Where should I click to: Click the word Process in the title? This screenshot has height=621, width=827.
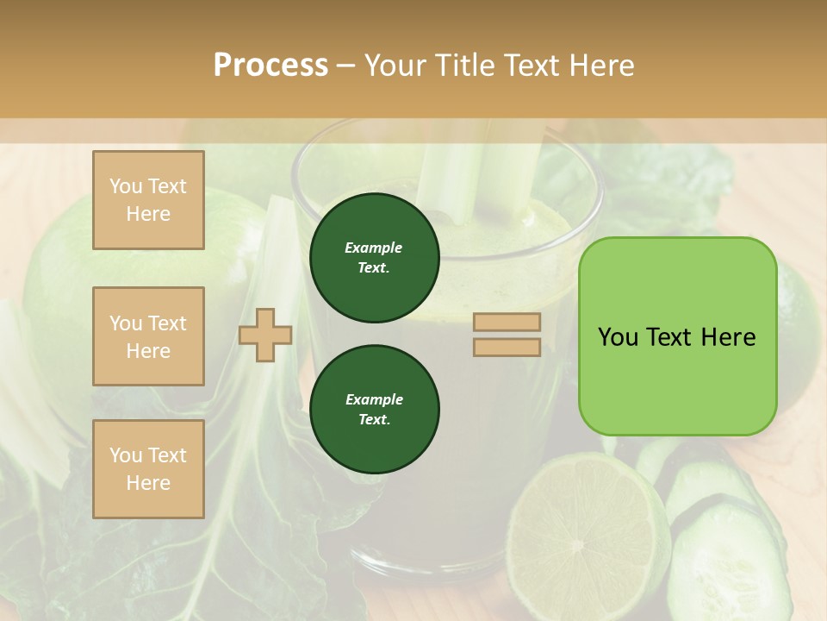270,66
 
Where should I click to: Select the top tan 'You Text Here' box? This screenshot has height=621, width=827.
148,200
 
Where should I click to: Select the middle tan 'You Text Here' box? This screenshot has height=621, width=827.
148,336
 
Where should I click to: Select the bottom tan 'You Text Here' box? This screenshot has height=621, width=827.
148,469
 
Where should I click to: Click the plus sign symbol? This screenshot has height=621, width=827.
265,336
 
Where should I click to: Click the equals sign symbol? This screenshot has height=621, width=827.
507,335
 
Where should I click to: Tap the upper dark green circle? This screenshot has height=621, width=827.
374,258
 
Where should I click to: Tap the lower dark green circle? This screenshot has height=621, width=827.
374,410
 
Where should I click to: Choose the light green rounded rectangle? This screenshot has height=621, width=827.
677,336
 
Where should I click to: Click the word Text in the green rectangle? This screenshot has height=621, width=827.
671,337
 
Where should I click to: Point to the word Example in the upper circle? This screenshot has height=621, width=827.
374,248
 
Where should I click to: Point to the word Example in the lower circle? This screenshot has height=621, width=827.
374,400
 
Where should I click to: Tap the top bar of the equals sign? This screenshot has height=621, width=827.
507,323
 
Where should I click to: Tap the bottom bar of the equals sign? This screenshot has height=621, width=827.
507,347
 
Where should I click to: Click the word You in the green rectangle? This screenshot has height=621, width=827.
617,337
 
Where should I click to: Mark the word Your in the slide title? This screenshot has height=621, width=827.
398,66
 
